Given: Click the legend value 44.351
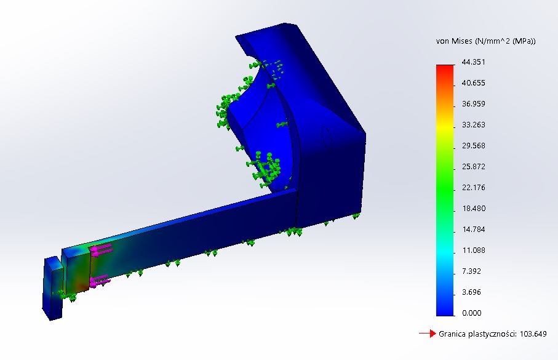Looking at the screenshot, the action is coord(473,62).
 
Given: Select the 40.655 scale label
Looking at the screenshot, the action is coord(473,83).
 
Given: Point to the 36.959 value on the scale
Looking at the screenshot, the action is coord(473,104).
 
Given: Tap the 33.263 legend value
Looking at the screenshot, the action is coord(473,125).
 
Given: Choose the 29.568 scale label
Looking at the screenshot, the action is coord(473,146).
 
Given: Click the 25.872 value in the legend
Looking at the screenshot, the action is coord(473,167).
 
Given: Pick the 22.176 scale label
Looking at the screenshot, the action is coord(473,188).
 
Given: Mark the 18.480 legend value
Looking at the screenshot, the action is coord(473,209).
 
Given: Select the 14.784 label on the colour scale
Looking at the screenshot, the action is coord(473,230).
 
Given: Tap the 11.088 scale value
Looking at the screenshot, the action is coord(473,250).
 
